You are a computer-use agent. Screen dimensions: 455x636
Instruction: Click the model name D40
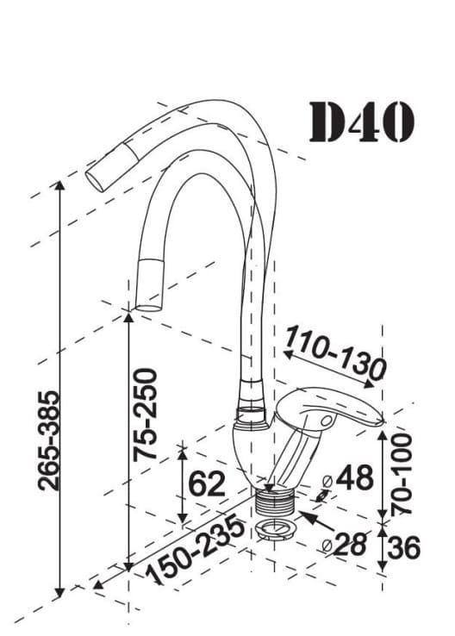(362, 122)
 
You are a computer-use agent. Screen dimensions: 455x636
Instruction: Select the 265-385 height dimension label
(48, 440)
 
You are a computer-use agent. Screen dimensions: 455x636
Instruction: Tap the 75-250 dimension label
(145, 415)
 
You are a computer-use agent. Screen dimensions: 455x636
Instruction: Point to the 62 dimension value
(207, 483)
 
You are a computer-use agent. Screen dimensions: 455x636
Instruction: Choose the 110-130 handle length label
(335, 352)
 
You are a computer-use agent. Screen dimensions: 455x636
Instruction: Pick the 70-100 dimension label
(401, 474)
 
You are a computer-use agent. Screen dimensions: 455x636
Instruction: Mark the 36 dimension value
(403, 547)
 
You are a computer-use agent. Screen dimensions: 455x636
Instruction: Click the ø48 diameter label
(348, 477)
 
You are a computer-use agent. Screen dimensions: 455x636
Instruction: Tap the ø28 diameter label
(344, 545)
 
